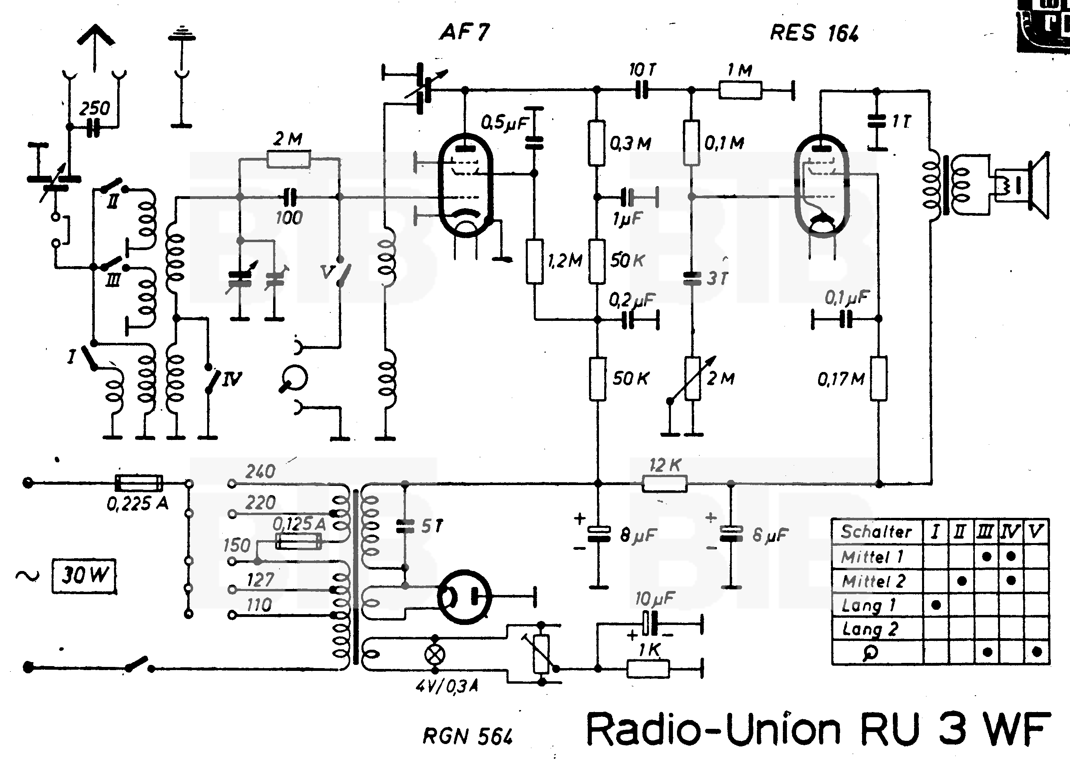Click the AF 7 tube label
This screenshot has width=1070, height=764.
pos(465,32)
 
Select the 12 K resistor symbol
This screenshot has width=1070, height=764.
pos(665,483)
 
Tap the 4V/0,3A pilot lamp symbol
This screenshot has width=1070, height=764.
pos(435,654)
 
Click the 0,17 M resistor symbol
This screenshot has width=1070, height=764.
pos(878,379)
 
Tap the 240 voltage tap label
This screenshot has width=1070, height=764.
pos(260,472)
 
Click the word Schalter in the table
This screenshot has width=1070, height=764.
pos(876,531)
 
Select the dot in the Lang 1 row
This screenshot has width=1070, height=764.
pos(936,605)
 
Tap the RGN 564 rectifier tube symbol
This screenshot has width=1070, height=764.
pos(464,597)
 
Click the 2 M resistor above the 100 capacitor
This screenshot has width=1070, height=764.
pos(289,159)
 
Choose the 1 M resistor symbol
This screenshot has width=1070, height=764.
pos(740,90)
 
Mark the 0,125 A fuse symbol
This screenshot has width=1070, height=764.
pos(298,542)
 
